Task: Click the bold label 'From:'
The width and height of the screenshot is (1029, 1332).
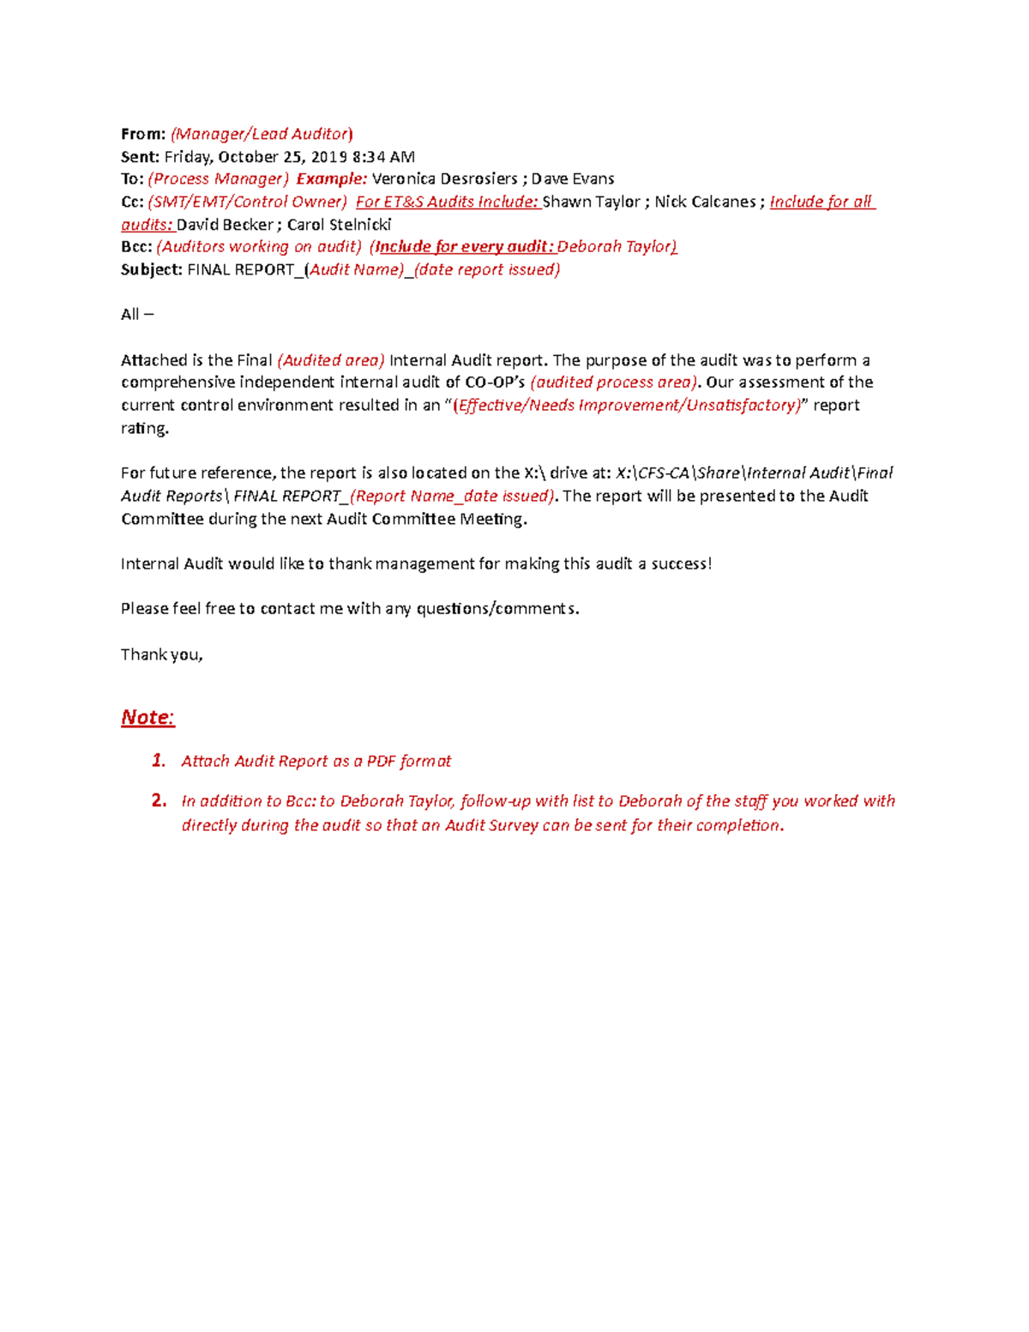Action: tap(142, 134)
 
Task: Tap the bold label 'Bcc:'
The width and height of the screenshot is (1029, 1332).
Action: tap(136, 247)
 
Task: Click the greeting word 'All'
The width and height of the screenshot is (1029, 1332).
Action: tap(129, 315)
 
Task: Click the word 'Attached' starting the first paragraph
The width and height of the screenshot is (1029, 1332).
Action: tap(151, 360)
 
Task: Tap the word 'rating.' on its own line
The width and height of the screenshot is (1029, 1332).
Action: tap(144, 428)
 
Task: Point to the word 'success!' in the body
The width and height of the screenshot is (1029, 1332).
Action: tap(681, 564)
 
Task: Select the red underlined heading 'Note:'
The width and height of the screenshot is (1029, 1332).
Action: tap(147, 717)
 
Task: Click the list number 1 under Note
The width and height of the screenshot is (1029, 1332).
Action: tap(158, 761)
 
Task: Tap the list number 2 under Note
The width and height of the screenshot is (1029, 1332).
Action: tap(159, 801)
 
